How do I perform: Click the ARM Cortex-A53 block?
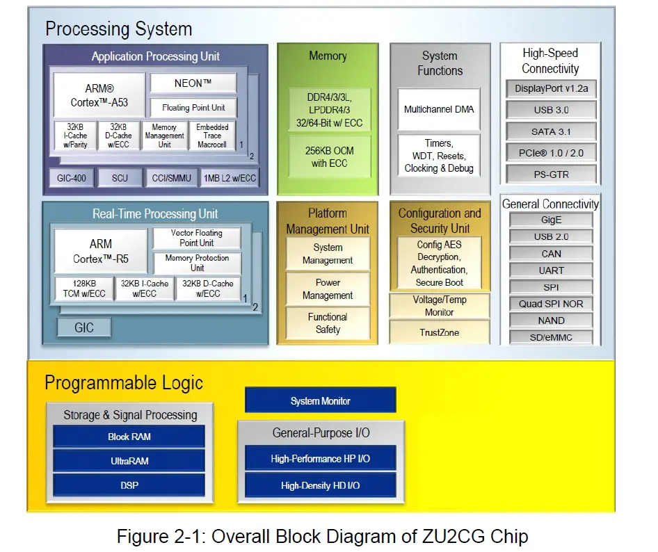point(99,95)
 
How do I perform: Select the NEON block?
point(193,83)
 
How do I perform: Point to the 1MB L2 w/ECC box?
point(229,178)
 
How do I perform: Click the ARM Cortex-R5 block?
point(100,252)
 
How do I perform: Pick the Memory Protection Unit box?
point(197,263)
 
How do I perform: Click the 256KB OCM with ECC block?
point(328,157)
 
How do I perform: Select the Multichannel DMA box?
point(438,109)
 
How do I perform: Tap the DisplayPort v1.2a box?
point(550,88)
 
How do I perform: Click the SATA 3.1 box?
point(550,131)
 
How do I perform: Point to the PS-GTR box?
point(550,174)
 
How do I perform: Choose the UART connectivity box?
point(551,270)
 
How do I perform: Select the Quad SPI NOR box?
point(551,304)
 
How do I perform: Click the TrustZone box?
point(439,332)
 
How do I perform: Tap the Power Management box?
point(328,289)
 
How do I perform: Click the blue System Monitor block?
point(320,401)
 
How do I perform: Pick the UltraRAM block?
point(129,461)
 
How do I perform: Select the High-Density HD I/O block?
point(320,485)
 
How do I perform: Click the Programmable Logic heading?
point(124,383)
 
